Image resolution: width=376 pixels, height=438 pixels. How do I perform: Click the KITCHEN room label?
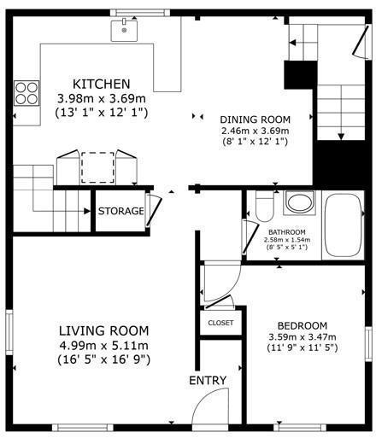point(101,84)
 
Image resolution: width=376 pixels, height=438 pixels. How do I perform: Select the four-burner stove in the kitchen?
point(26,91)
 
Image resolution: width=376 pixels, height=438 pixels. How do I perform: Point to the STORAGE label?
point(120,211)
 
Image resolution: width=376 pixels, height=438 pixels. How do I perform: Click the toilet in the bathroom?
point(264,206)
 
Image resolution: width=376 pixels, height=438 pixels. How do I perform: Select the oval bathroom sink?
point(299,204)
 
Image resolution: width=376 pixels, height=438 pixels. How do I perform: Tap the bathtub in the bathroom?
point(344,224)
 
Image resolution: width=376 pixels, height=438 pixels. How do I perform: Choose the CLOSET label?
point(220,323)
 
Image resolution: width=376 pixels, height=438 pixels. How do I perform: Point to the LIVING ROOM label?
point(103,330)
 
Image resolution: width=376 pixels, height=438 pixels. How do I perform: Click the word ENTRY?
point(208,380)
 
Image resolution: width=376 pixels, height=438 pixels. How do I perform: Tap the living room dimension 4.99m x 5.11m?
point(103,345)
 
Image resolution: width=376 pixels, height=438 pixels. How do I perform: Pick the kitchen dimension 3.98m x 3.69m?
point(101,98)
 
